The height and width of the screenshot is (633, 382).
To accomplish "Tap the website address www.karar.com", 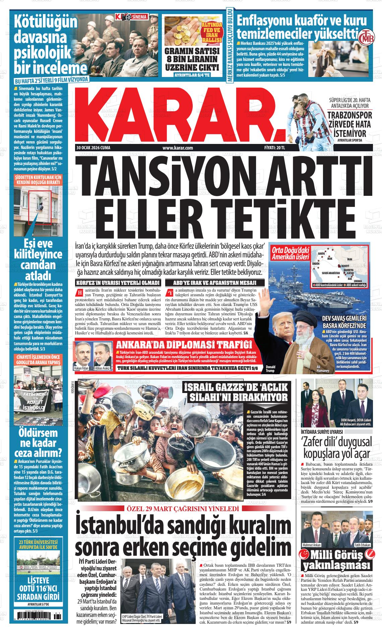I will tap(178, 148).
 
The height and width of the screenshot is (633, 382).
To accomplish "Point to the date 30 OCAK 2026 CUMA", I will tap(93, 148).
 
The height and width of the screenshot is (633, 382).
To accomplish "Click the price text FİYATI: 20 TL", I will tap(274, 148).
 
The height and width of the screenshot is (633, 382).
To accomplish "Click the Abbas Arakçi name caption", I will tap(103, 369).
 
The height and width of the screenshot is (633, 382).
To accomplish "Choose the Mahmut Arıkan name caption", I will tap(311, 545).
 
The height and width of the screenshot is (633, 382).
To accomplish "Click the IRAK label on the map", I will tap(329, 258).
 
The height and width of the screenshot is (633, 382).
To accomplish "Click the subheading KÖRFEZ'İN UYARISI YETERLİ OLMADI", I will tap(118, 283).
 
